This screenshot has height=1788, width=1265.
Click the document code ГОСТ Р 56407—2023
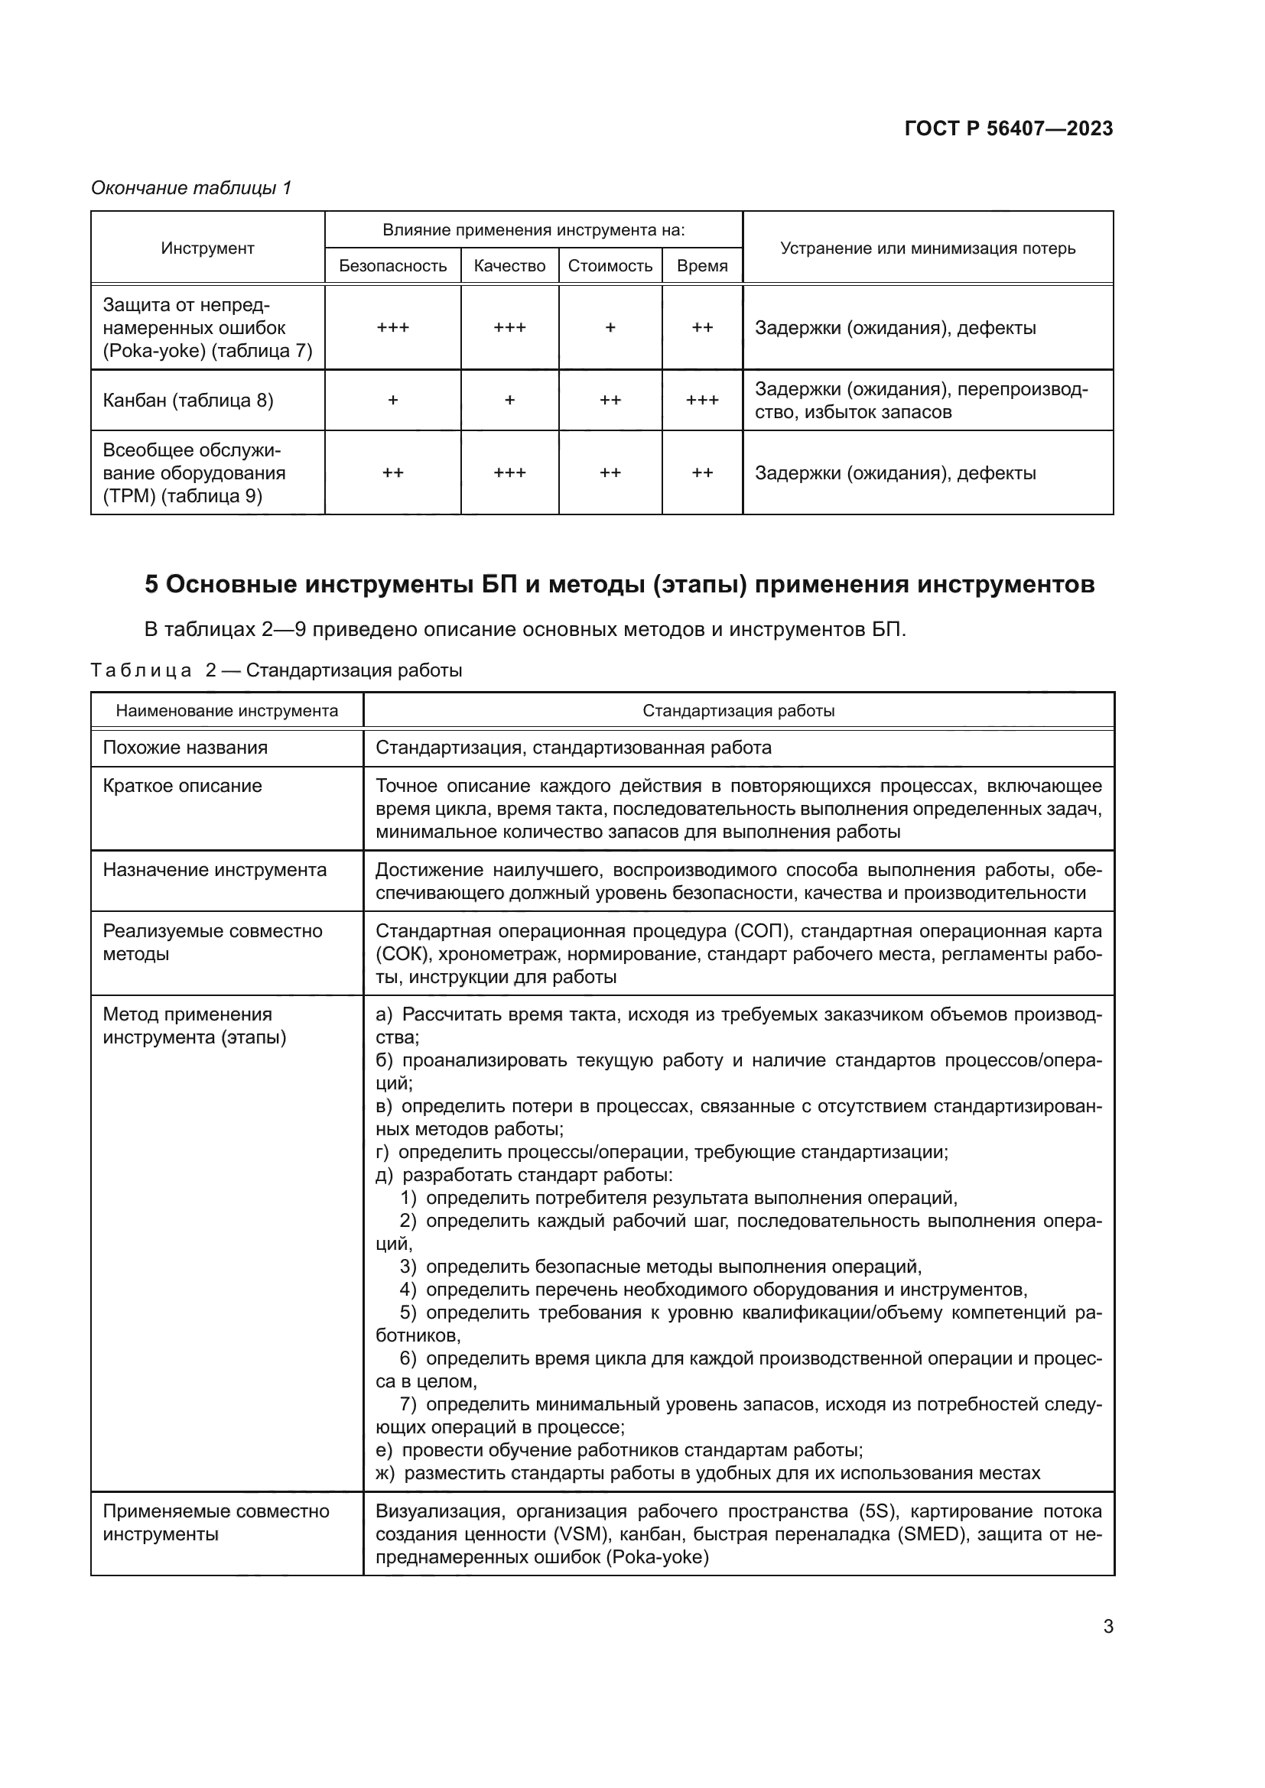click(1008, 128)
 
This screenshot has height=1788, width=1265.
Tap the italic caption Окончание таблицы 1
click(191, 188)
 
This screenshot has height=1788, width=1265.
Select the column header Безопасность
click(392, 266)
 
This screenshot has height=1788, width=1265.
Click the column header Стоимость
click(610, 266)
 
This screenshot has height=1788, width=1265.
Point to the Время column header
click(702, 266)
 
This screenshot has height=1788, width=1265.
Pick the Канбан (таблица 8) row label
click(187, 401)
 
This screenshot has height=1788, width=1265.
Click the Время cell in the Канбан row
click(702, 401)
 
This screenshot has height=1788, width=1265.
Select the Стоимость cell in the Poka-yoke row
click(610, 328)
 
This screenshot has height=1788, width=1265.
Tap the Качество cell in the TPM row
click(509, 472)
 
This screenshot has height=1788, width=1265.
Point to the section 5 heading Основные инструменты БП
click(619, 584)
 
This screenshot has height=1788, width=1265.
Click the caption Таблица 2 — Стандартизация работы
click(276, 670)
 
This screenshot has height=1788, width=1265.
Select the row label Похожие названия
click(185, 748)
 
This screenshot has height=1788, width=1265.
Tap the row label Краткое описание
click(182, 786)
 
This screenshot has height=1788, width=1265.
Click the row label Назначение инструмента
click(214, 870)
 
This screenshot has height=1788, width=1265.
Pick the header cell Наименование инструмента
click(226, 711)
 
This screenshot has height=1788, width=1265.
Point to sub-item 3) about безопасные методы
click(661, 1267)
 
